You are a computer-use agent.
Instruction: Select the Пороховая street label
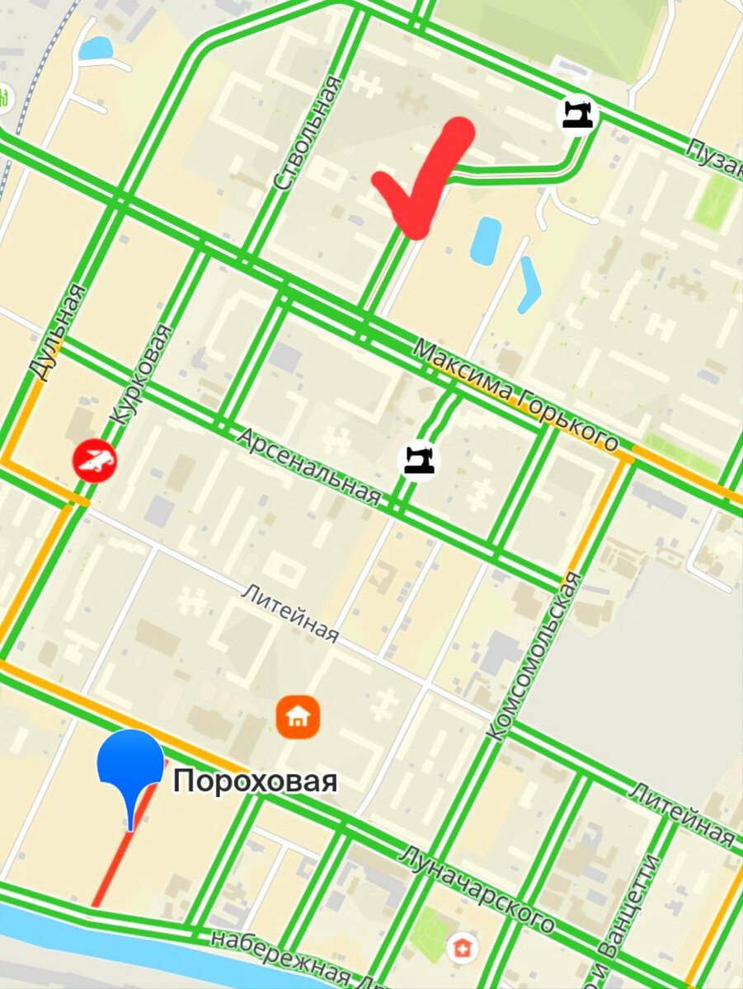point(255,780)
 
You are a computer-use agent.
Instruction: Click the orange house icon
point(298,716)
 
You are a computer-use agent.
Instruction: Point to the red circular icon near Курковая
point(94,461)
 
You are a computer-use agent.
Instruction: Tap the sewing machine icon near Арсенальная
point(419,459)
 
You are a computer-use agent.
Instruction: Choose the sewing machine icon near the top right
point(577,113)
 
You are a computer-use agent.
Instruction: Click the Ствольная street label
point(307,134)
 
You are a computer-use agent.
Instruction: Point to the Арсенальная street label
point(310,466)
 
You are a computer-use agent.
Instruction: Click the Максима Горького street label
point(515,396)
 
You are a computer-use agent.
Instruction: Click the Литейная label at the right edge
point(682,815)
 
